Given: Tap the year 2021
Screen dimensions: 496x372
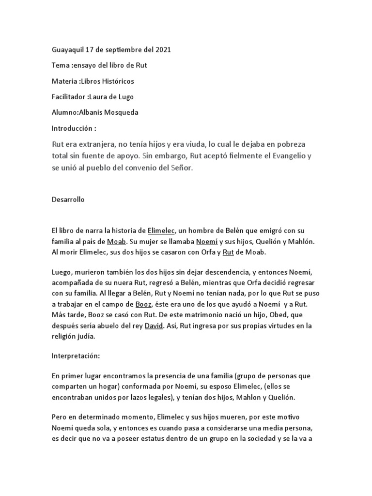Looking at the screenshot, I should tap(163, 50).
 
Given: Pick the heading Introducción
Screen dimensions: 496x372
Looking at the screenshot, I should tap(72, 128).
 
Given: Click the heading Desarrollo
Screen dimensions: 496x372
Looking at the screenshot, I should tap(68, 200).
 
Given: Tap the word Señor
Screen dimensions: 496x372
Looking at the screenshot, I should tap(181, 168).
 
